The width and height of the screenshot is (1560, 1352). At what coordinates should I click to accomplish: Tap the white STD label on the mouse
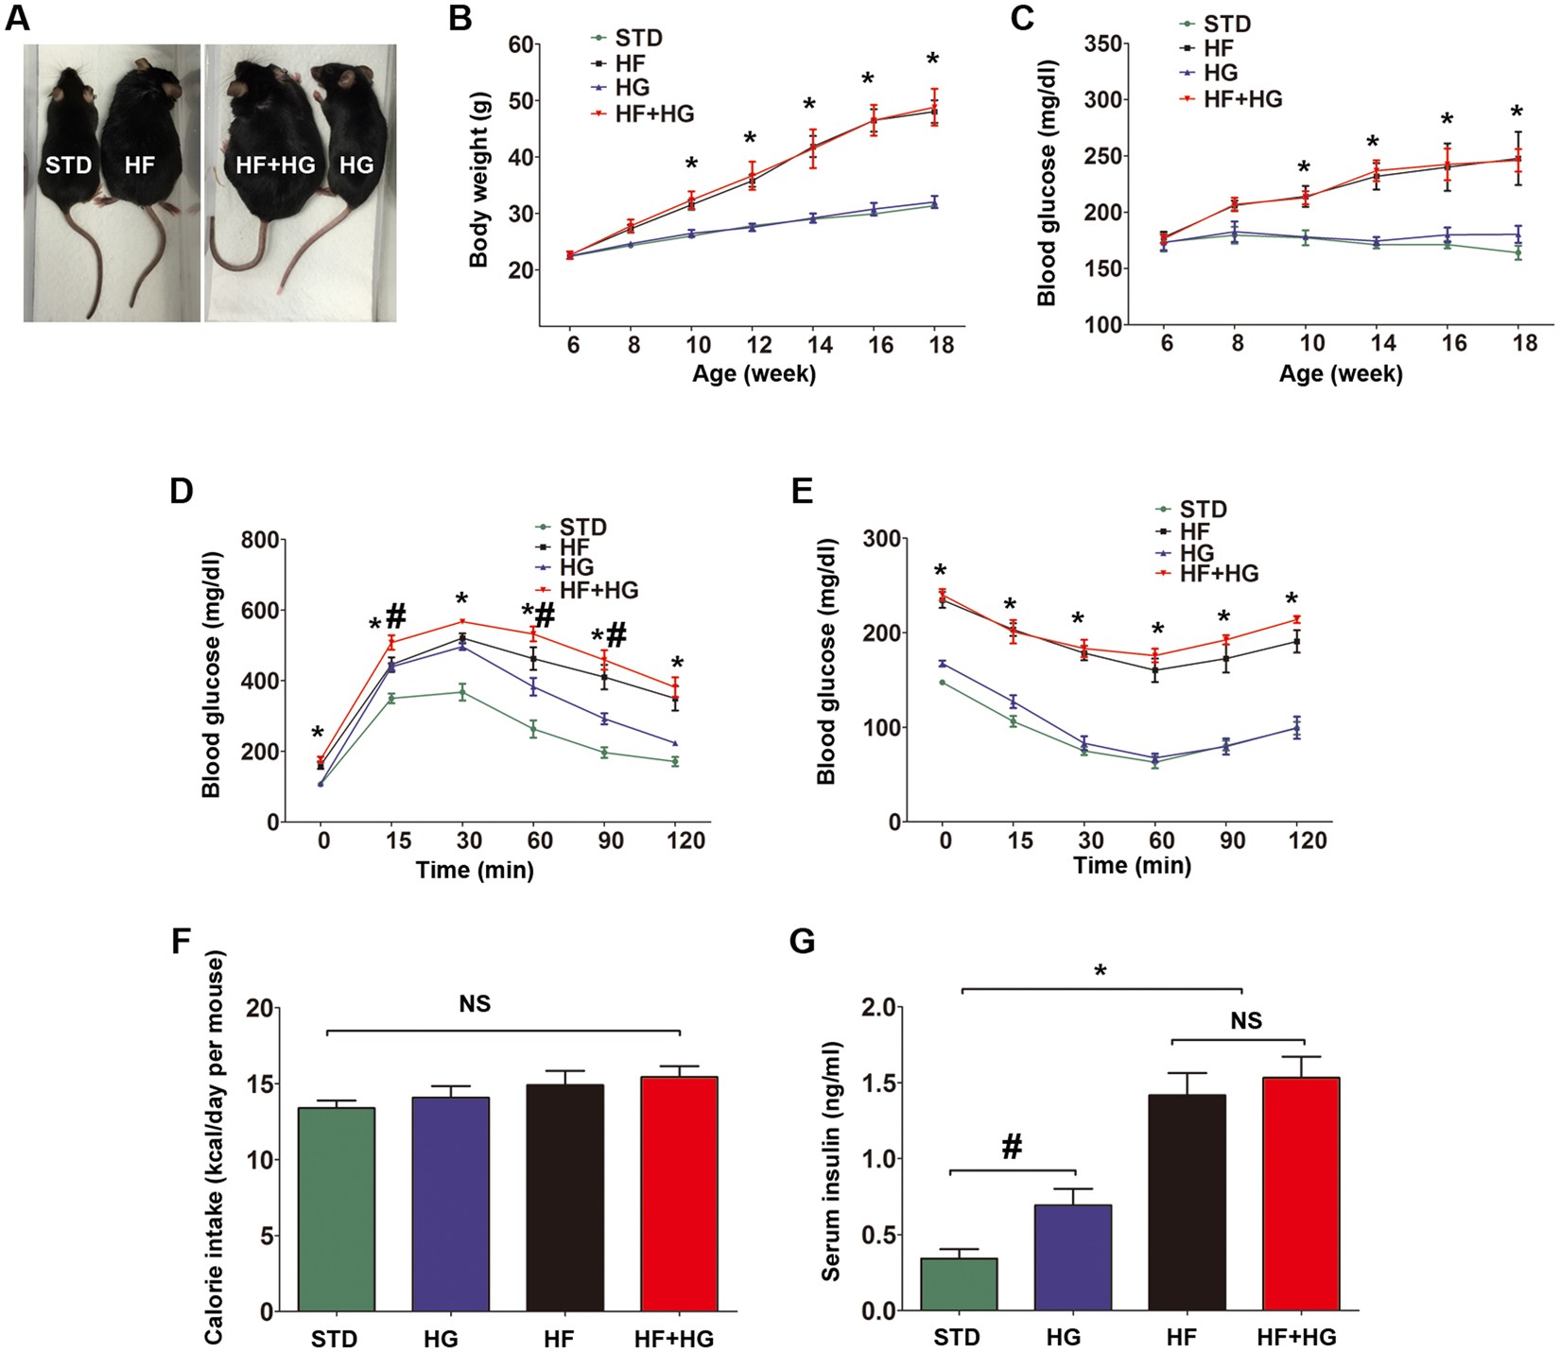tap(69, 165)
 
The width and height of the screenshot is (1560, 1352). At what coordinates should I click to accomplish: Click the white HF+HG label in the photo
tap(274, 165)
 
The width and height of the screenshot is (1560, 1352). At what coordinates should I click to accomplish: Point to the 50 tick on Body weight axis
tap(518, 100)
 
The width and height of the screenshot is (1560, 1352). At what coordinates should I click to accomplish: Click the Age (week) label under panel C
tap(1341, 373)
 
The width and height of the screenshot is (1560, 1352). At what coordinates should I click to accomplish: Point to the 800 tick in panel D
tap(260, 540)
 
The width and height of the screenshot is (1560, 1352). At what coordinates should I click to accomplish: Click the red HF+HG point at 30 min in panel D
tap(462, 621)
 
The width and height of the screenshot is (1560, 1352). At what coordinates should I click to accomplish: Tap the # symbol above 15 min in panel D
tap(395, 616)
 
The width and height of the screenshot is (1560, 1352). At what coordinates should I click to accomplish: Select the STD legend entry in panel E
tap(1203, 510)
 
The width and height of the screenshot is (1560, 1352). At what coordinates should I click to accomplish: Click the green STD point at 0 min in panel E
tap(943, 682)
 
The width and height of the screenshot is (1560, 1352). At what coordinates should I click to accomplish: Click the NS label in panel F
tap(475, 1004)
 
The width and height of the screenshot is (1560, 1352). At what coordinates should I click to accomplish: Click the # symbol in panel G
tap(1012, 1148)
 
